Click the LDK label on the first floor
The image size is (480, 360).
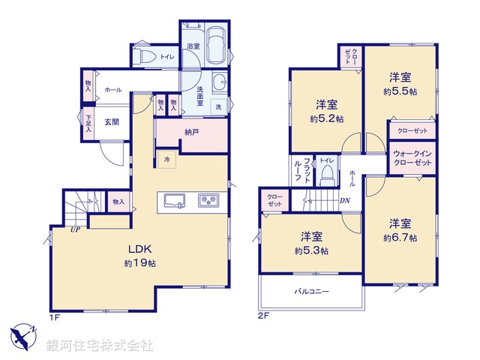pos(139,250)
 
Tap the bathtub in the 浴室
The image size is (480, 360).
pos(217,44)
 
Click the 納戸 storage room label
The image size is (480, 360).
pos(192,132)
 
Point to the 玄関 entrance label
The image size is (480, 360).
pos(112,122)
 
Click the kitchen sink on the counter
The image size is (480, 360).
pos(174,200)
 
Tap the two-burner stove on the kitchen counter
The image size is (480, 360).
pos(208,200)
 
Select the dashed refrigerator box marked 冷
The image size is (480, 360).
pos(166,158)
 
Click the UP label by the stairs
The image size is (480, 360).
pos(76,230)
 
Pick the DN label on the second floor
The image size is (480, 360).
pos(345,200)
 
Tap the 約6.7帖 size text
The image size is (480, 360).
pos(399,238)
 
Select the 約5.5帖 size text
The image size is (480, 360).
pos(399,91)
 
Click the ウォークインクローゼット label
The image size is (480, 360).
pos(412,158)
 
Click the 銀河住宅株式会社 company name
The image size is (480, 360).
pos(100,346)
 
